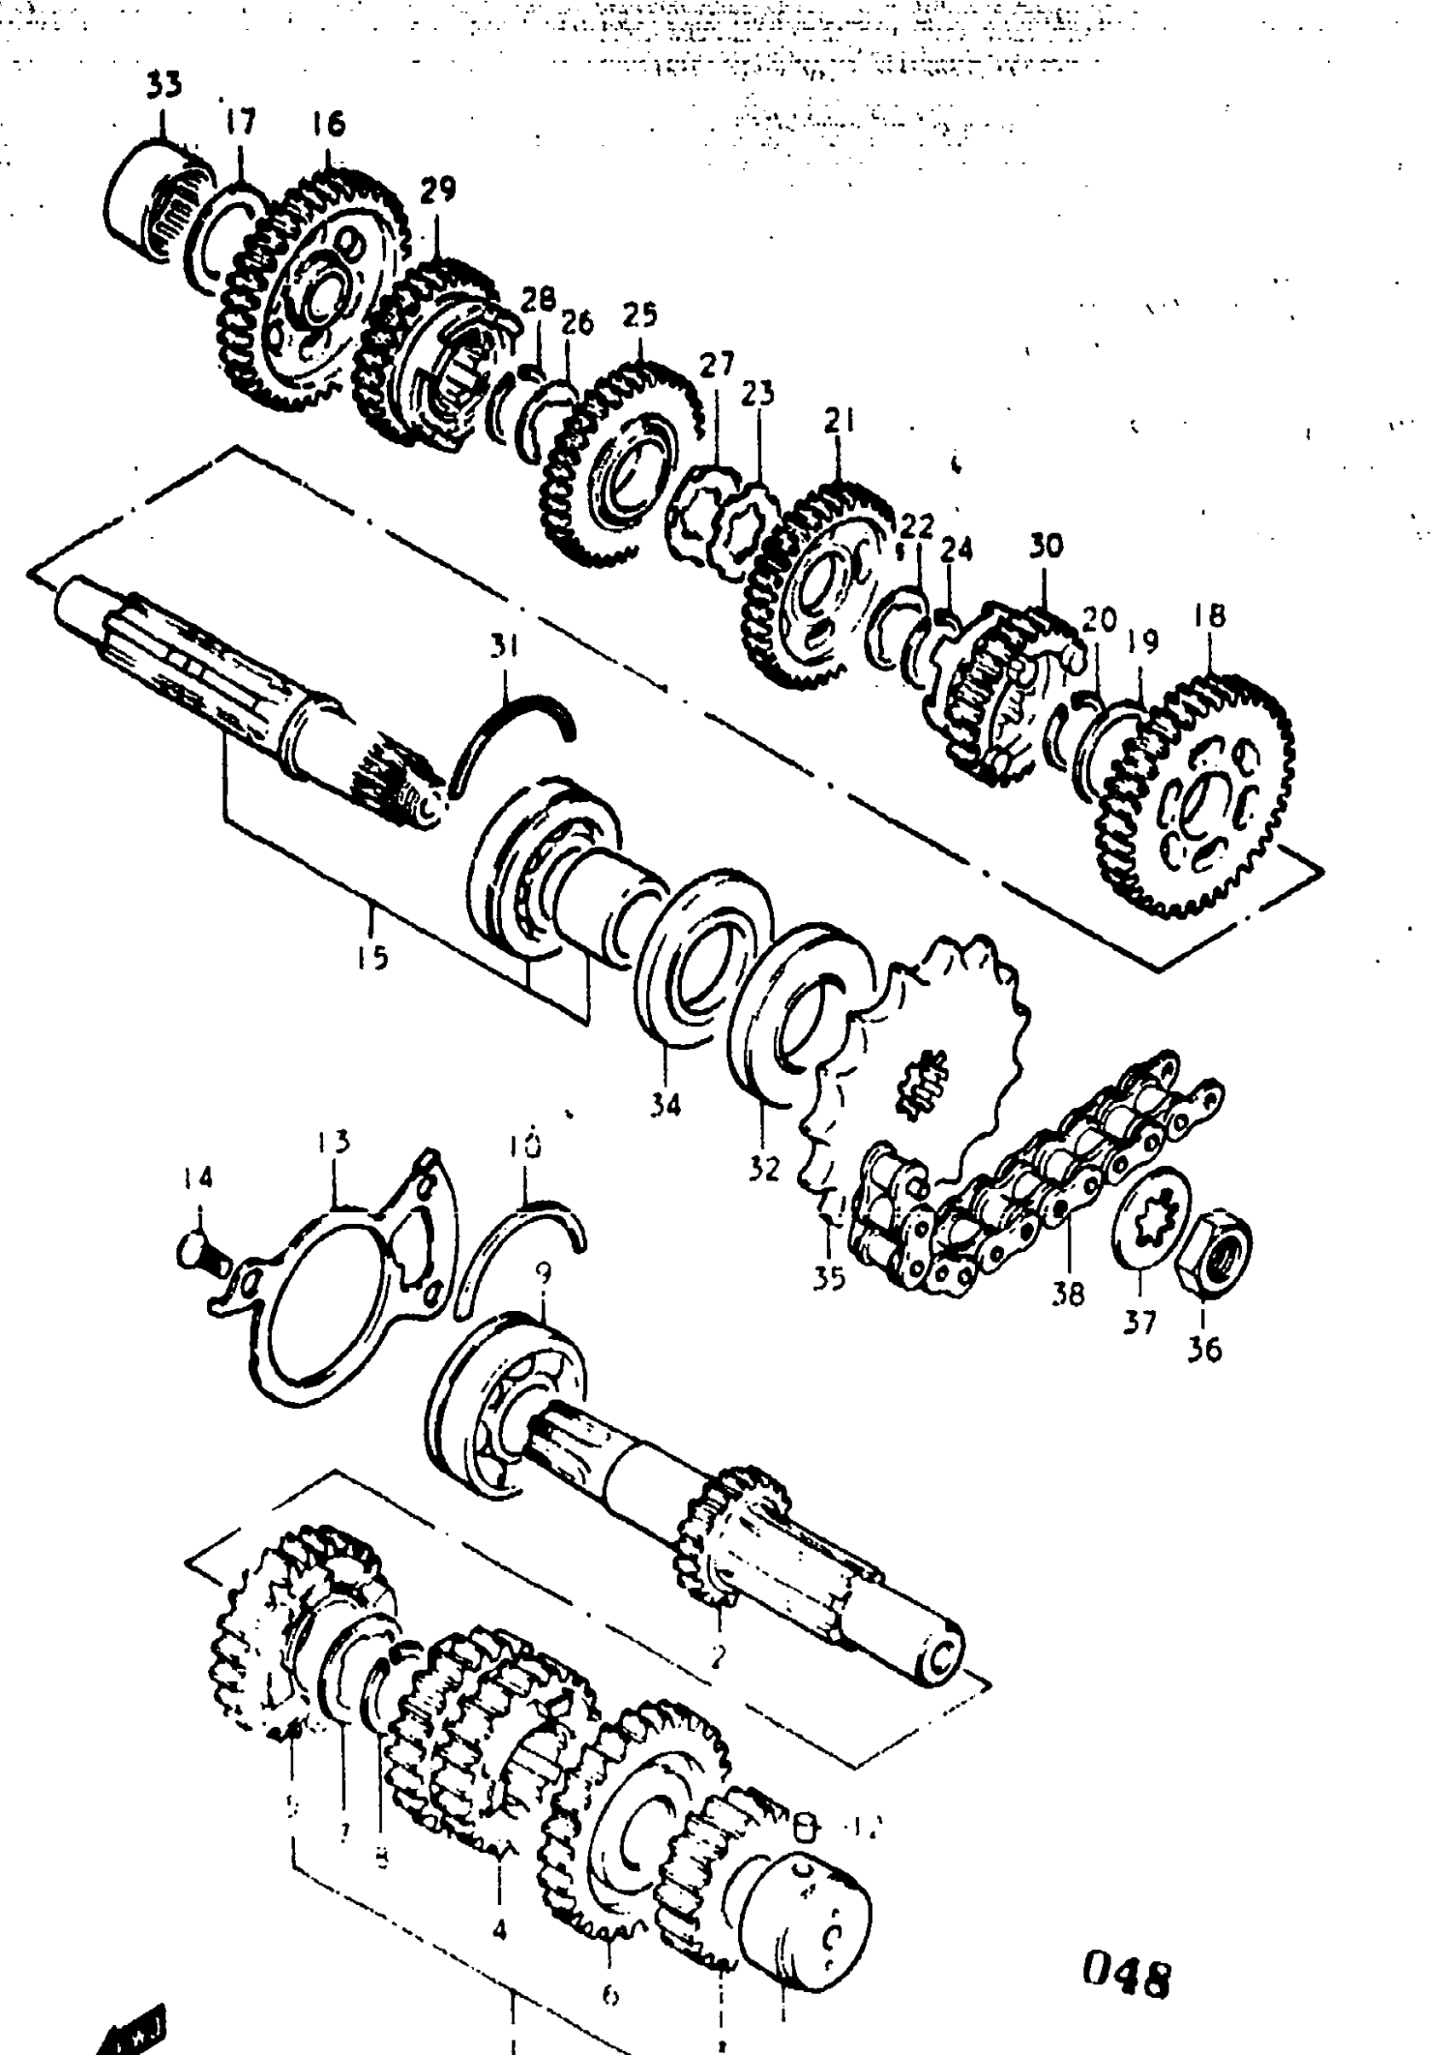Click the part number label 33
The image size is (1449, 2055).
click(164, 85)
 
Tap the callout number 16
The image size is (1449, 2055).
click(328, 124)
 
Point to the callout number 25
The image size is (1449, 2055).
click(639, 315)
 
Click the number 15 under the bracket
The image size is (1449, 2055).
click(372, 957)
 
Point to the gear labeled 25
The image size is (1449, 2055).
click(618, 465)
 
